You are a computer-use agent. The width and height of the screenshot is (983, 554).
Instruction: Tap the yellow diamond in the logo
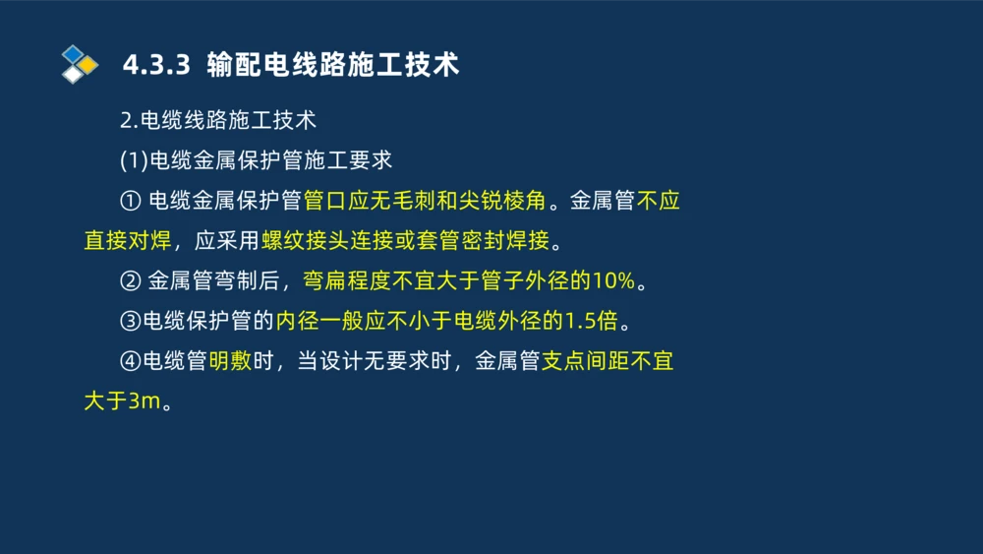[88, 65]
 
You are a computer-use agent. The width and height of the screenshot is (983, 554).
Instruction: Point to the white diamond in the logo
[73, 74]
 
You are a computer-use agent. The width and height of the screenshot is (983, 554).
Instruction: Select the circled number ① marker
[130, 202]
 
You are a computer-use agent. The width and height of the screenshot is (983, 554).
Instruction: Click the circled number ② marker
[130, 281]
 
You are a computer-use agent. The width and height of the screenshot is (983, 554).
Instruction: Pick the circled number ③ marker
[130, 322]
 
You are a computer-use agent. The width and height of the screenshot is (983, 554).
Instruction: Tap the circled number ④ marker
[130, 362]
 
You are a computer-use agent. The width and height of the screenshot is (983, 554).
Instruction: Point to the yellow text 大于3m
[119, 401]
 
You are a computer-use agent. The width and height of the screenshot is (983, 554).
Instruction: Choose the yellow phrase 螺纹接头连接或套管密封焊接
[405, 241]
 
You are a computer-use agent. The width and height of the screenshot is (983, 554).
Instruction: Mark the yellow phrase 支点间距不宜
[607, 362]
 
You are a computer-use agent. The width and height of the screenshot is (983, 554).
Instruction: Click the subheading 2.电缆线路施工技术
[217, 120]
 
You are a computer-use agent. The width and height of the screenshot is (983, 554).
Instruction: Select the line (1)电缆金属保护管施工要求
[256, 160]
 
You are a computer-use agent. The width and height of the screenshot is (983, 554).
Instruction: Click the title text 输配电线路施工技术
[333, 66]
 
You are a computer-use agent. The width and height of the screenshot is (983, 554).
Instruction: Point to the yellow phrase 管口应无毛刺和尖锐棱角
[425, 202]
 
